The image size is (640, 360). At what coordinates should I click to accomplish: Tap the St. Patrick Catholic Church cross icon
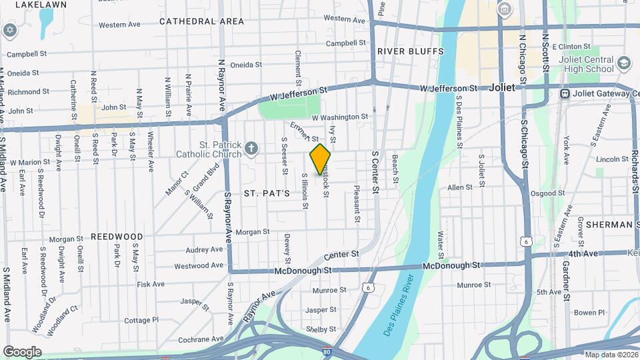(x=251, y=148)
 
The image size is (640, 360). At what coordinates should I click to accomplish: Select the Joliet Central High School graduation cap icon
(x=624, y=63)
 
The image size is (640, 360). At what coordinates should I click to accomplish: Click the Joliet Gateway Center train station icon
(x=565, y=94)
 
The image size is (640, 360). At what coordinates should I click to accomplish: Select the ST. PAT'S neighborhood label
(x=267, y=193)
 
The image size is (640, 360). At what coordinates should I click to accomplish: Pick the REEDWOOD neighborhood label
(x=117, y=237)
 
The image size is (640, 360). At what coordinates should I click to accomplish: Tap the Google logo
(x=22, y=351)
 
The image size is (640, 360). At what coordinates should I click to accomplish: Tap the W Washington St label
(x=340, y=117)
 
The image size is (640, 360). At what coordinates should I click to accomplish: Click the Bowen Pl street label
(x=589, y=312)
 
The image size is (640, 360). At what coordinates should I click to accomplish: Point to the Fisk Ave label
(x=151, y=284)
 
